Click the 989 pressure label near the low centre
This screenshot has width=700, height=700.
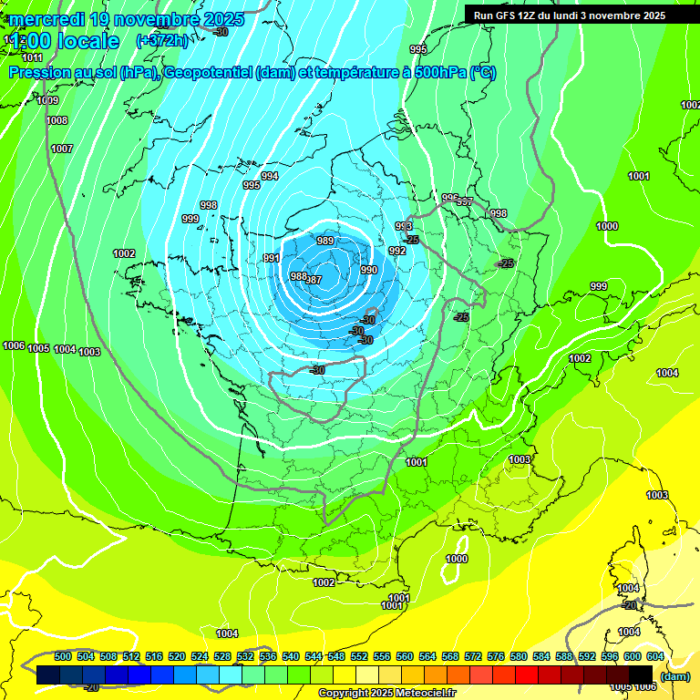pyautogui.click(x=324, y=241)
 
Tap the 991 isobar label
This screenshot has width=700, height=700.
pyautogui.click(x=272, y=259)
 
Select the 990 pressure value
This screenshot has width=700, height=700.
pyautogui.click(x=368, y=270)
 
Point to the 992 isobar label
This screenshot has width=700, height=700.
pyautogui.click(x=397, y=251)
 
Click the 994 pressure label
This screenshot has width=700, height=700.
pyautogui.click(x=270, y=176)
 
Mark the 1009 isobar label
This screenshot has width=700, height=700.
pyautogui.click(x=48, y=101)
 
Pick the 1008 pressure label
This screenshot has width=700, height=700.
pyautogui.click(x=57, y=120)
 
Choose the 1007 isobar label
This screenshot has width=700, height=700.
pyautogui.click(x=61, y=149)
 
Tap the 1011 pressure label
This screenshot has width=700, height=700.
pyautogui.click(x=33, y=57)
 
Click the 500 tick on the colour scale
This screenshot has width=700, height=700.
pyautogui.click(x=63, y=656)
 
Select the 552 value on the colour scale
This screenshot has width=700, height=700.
pyautogui.click(x=359, y=656)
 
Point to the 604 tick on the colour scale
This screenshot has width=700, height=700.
pyautogui.click(x=655, y=656)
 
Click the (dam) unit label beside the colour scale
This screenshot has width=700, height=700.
pyautogui.click(x=674, y=676)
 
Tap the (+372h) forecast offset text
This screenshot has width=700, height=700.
pyautogui.click(x=161, y=40)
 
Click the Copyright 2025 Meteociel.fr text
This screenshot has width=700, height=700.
pyautogui.click(x=386, y=693)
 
